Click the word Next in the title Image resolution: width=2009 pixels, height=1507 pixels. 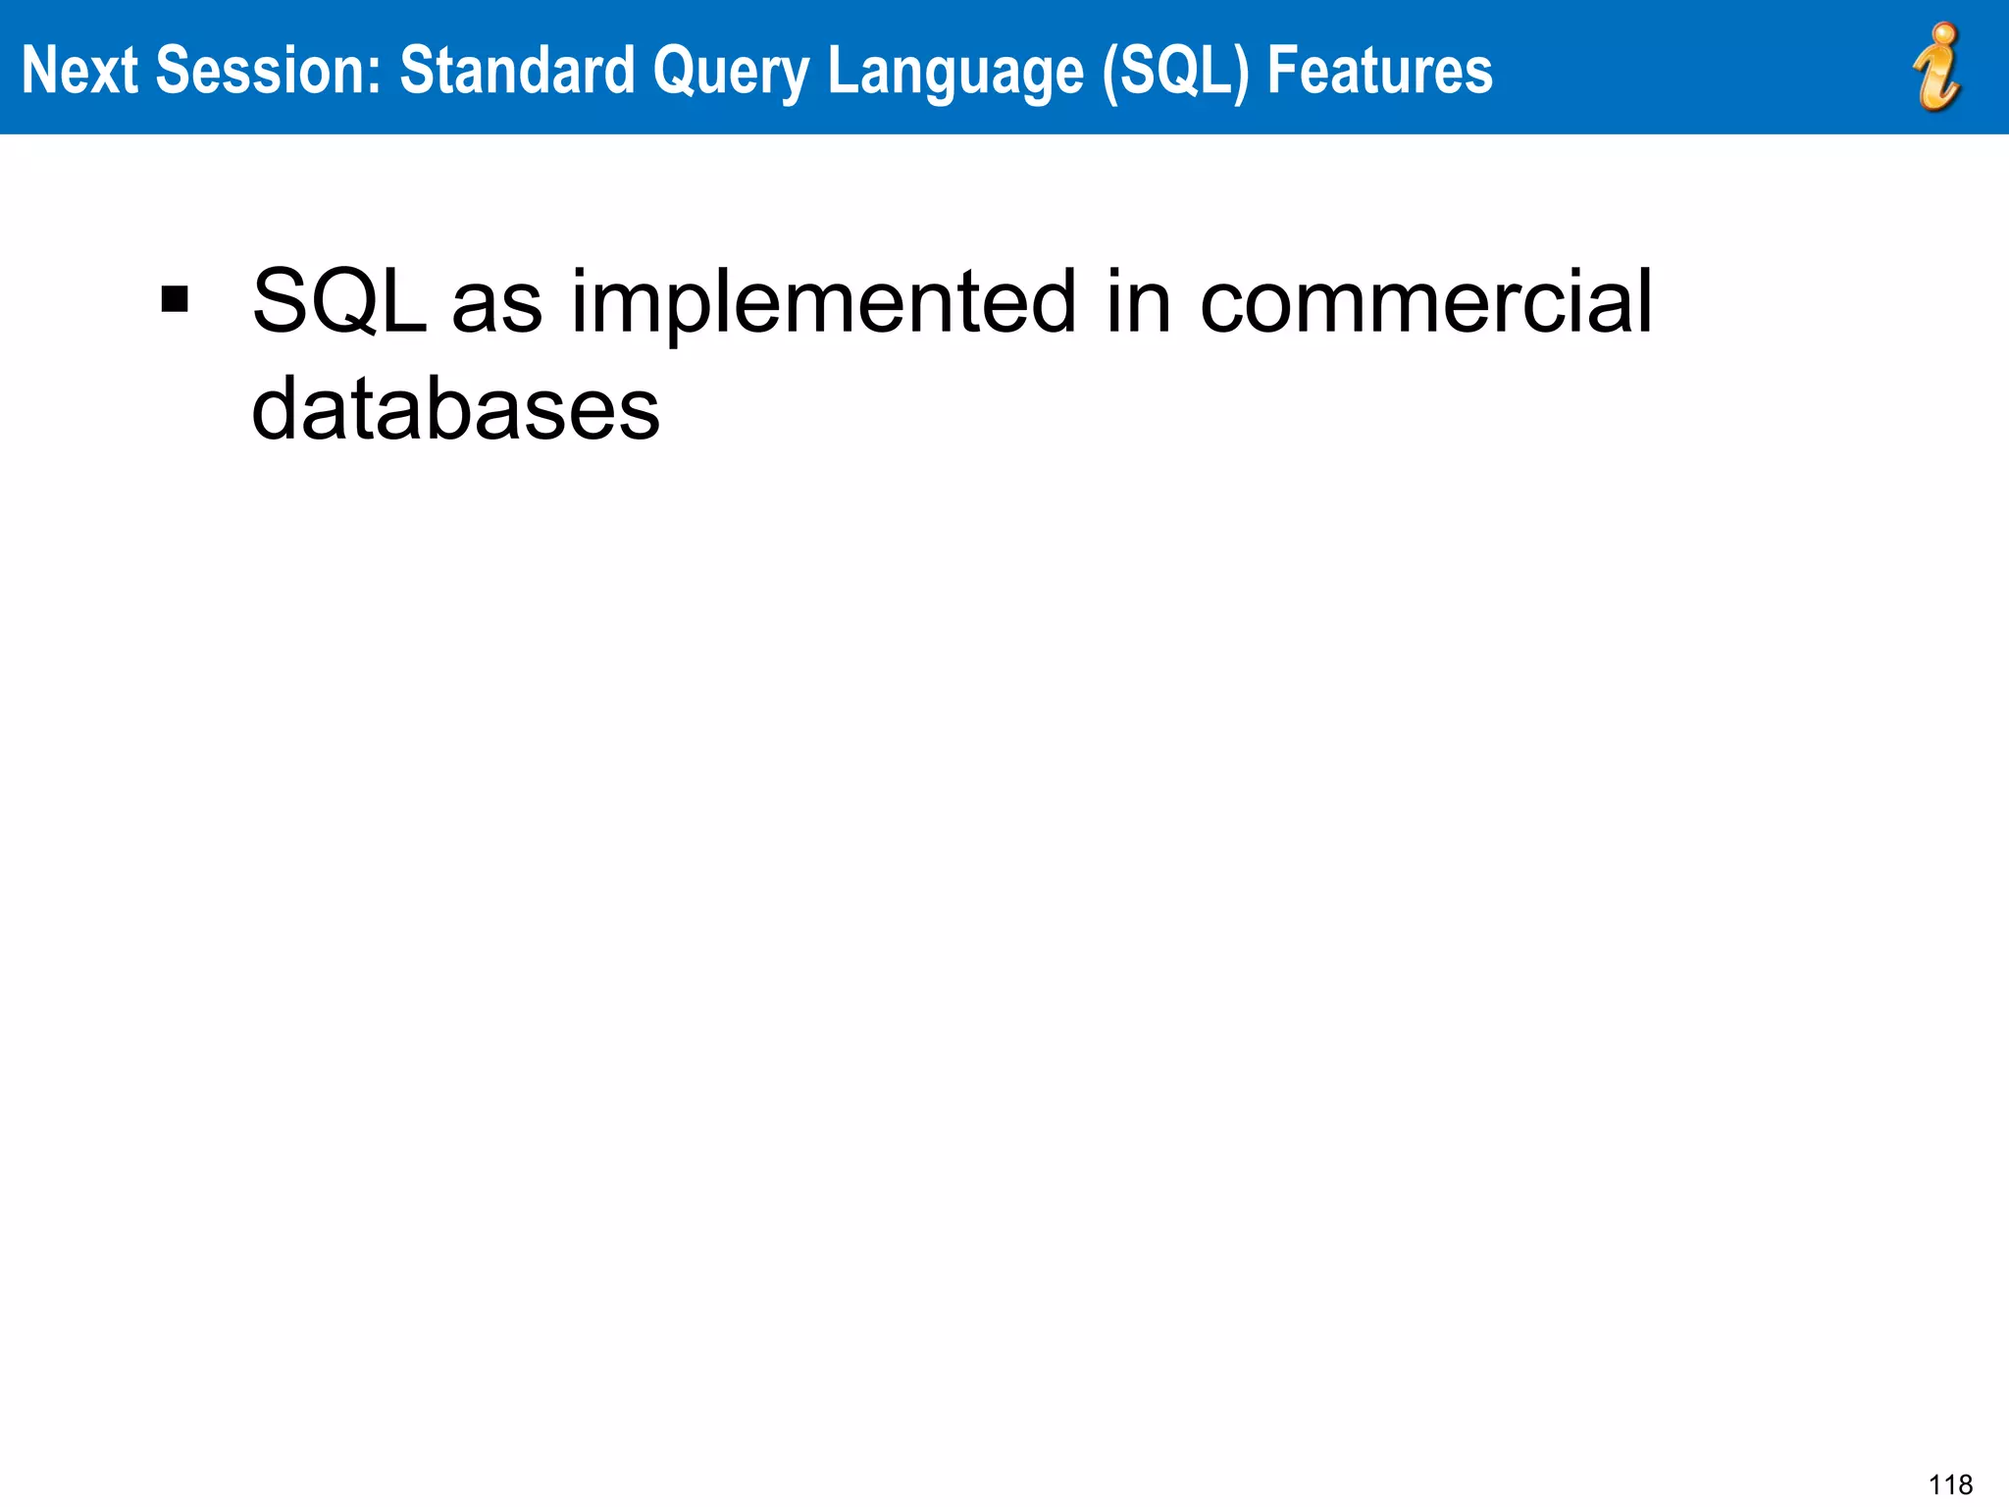(78, 71)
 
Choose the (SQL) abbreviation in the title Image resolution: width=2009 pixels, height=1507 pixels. (1175, 71)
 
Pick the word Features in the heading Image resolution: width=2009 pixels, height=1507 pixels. (1379, 71)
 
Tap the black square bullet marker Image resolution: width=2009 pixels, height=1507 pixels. (175, 299)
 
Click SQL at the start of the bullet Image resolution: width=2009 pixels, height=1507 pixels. (339, 302)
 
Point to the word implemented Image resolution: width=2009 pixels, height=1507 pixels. (824, 304)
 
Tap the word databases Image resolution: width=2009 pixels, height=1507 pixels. (455, 410)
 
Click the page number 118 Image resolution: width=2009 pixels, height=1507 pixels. (1950, 1484)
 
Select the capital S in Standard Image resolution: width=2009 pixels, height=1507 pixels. (416, 71)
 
